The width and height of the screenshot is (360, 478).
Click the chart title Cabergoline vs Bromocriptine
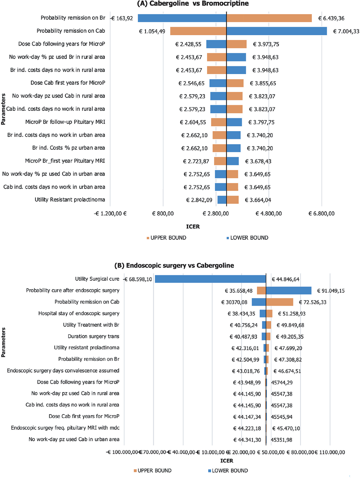point(193,4)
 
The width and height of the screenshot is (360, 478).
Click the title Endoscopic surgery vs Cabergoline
point(174,266)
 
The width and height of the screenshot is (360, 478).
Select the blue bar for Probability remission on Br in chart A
point(182,18)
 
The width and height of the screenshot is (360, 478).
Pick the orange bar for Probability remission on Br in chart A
point(269,18)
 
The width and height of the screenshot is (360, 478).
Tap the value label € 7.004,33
point(346,31)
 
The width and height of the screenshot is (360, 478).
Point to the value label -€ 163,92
point(122,18)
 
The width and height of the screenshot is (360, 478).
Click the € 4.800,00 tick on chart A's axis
point(269,214)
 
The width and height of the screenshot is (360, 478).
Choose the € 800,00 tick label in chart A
point(163,214)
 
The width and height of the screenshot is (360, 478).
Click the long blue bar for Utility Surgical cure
point(210,279)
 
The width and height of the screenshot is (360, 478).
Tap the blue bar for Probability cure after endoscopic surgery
point(289,291)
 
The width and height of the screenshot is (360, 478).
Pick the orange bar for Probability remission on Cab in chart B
point(279,302)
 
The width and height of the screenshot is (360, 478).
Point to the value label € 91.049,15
point(331,291)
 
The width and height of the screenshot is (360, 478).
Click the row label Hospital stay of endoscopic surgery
point(79,313)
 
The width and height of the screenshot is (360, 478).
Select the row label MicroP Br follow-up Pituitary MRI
point(65,122)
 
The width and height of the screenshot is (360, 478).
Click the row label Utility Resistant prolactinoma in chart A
point(70,200)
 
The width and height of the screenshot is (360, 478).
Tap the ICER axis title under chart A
point(193,227)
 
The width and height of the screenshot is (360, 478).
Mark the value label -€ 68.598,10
point(138,279)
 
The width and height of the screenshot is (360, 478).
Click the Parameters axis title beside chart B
point(4,342)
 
